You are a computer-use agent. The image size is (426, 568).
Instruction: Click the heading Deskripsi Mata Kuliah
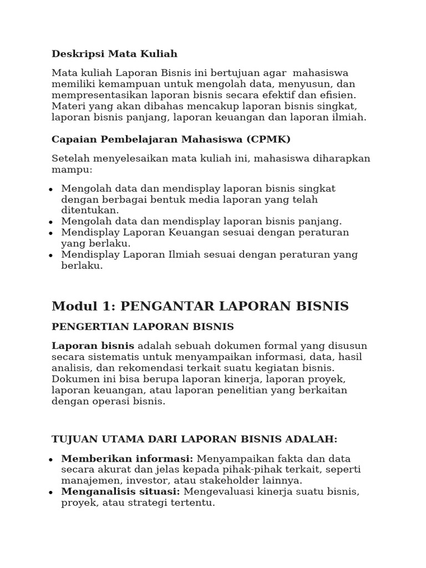(114, 54)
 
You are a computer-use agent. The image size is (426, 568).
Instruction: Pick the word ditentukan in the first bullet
(89, 210)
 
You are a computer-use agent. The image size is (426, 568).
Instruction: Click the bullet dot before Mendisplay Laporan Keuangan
(50, 234)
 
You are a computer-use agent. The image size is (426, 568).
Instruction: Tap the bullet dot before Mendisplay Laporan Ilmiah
(50, 256)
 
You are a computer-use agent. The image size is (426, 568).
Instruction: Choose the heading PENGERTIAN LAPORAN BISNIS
(143, 327)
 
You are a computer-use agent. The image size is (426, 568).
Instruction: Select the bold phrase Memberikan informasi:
(127, 459)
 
